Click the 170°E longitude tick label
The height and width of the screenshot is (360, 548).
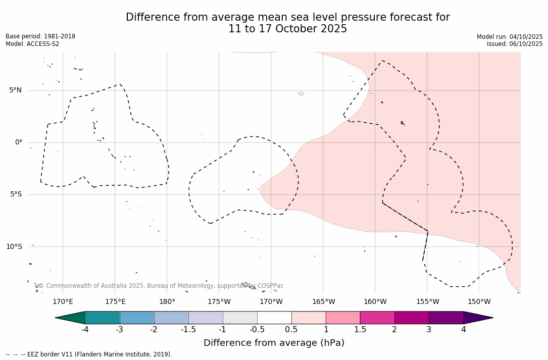coord(63,302)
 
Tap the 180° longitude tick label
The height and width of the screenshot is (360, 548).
coord(167,302)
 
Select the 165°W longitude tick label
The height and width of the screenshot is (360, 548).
coord(323,302)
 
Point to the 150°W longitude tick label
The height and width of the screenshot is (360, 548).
coord(479,302)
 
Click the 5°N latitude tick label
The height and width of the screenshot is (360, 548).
coord(15,90)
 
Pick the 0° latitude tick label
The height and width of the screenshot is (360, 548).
coord(19,142)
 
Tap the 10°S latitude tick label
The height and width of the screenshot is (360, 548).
coord(14,247)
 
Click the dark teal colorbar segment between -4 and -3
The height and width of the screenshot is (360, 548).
coord(103,318)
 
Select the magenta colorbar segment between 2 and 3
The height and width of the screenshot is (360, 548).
coord(412,318)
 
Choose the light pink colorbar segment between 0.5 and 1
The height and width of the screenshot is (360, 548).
coord(309,318)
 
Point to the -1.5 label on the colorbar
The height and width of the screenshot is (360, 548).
coord(188,330)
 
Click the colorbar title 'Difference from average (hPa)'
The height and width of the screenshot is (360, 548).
coord(274,343)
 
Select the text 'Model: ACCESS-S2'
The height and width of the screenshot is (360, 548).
coord(32,44)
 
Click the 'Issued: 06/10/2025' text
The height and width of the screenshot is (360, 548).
coord(515,44)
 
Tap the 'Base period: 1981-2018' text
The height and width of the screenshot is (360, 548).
coord(40,36)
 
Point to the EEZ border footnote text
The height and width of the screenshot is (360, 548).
coord(89,354)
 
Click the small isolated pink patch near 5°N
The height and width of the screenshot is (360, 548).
coord(301,93)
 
